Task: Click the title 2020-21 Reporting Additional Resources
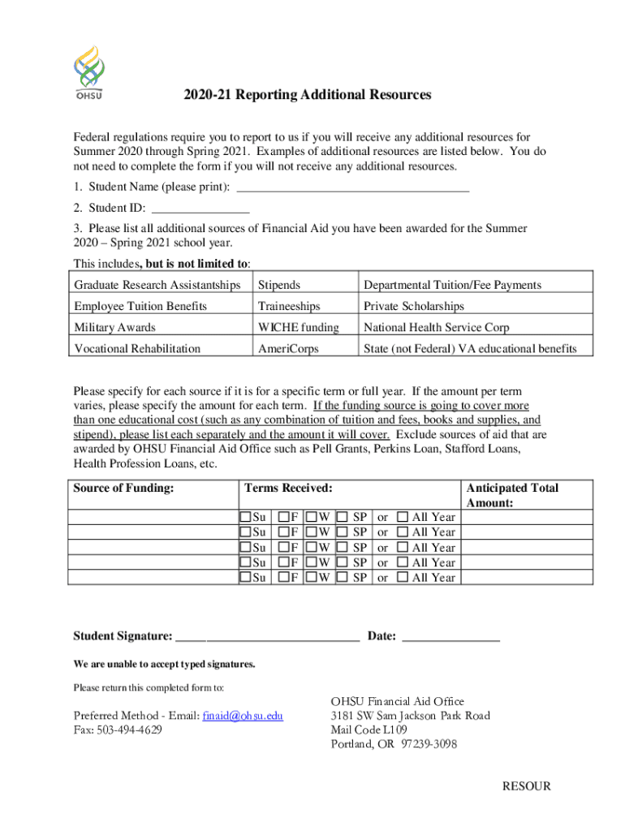(x=307, y=95)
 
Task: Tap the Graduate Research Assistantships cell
(x=157, y=285)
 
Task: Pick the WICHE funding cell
(x=298, y=328)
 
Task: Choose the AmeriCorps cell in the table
(x=288, y=349)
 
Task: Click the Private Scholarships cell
(x=414, y=307)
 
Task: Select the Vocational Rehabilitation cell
(x=137, y=349)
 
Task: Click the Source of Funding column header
(x=124, y=489)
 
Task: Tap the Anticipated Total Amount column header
(x=512, y=495)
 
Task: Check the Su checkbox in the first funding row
(x=245, y=517)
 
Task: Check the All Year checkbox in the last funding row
(x=403, y=578)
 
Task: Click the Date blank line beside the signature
(x=450, y=637)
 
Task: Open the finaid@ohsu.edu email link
(x=243, y=716)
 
